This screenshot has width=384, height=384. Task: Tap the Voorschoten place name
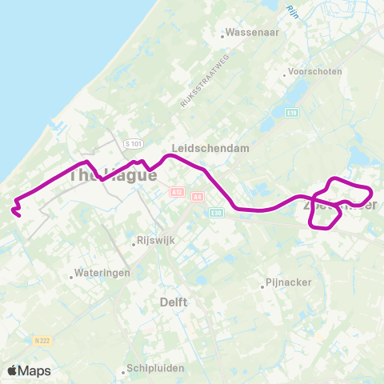click(317, 71)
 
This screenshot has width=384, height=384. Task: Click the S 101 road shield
click(133, 143)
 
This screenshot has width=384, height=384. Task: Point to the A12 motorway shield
click(177, 192)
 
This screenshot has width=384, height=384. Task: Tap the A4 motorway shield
click(198, 196)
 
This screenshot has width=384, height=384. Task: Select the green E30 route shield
click(215, 213)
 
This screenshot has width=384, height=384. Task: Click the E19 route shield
click(291, 114)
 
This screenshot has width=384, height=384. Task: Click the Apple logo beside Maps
click(13, 370)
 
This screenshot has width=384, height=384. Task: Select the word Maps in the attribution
click(35, 370)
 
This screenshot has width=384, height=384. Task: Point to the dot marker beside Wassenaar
click(222, 34)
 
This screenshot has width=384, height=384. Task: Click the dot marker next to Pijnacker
click(263, 284)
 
